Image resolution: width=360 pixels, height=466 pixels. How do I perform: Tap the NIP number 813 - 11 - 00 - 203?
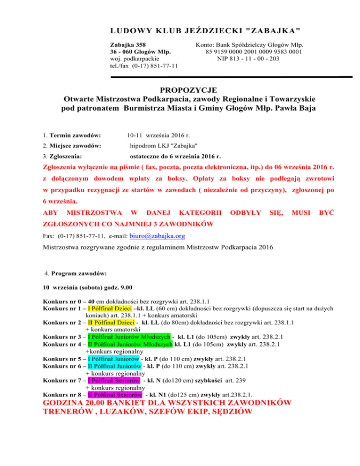[248, 59]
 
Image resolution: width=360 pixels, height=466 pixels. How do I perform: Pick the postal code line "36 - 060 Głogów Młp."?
[140, 52]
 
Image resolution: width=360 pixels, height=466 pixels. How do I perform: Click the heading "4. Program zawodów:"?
[75, 273]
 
